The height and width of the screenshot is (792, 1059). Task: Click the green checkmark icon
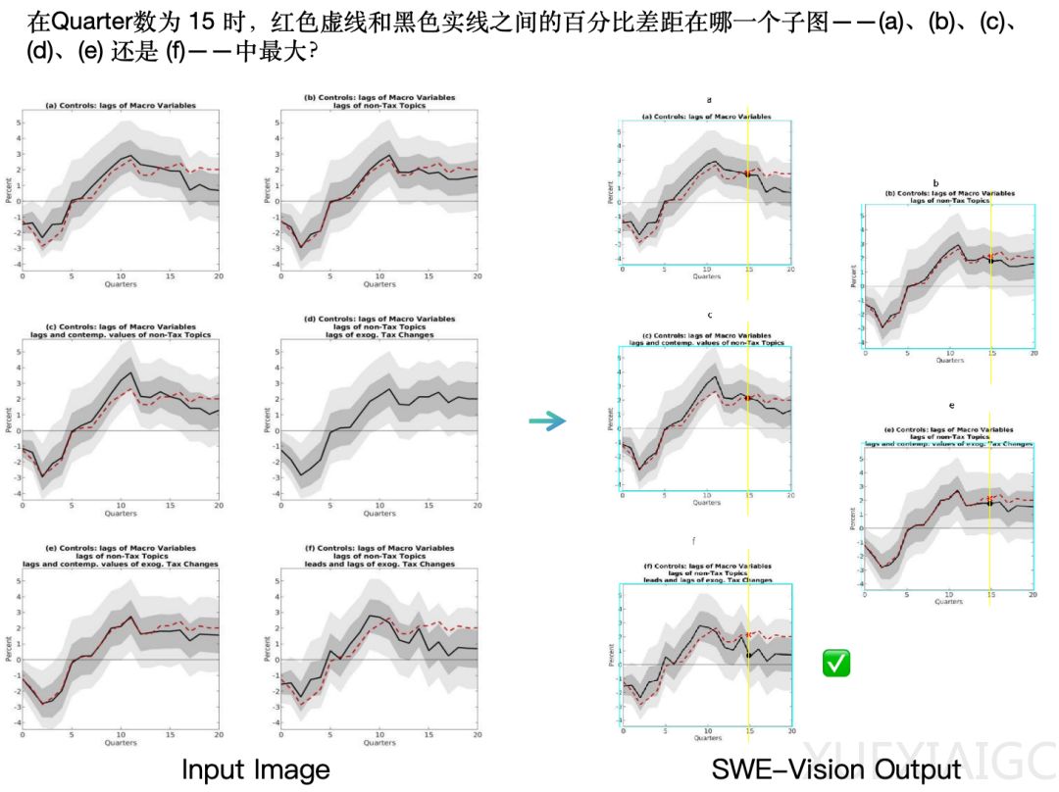(836, 664)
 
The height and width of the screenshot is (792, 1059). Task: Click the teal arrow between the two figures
(547, 421)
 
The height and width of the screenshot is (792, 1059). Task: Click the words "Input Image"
(255, 769)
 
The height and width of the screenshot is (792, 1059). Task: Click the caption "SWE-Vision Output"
(837, 769)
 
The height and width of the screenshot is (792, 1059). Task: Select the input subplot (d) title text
(378, 326)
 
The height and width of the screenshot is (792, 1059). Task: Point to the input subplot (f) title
(378, 556)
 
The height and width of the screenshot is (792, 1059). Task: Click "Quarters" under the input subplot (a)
(120, 284)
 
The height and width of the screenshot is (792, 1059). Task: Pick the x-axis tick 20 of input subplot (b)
(478, 276)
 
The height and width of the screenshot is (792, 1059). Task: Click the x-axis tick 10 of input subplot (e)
(120, 734)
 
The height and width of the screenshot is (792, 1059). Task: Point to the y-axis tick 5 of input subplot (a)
(17, 123)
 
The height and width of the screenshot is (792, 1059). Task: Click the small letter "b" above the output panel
(935, 183)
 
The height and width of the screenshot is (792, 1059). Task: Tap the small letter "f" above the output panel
(693, 540)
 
